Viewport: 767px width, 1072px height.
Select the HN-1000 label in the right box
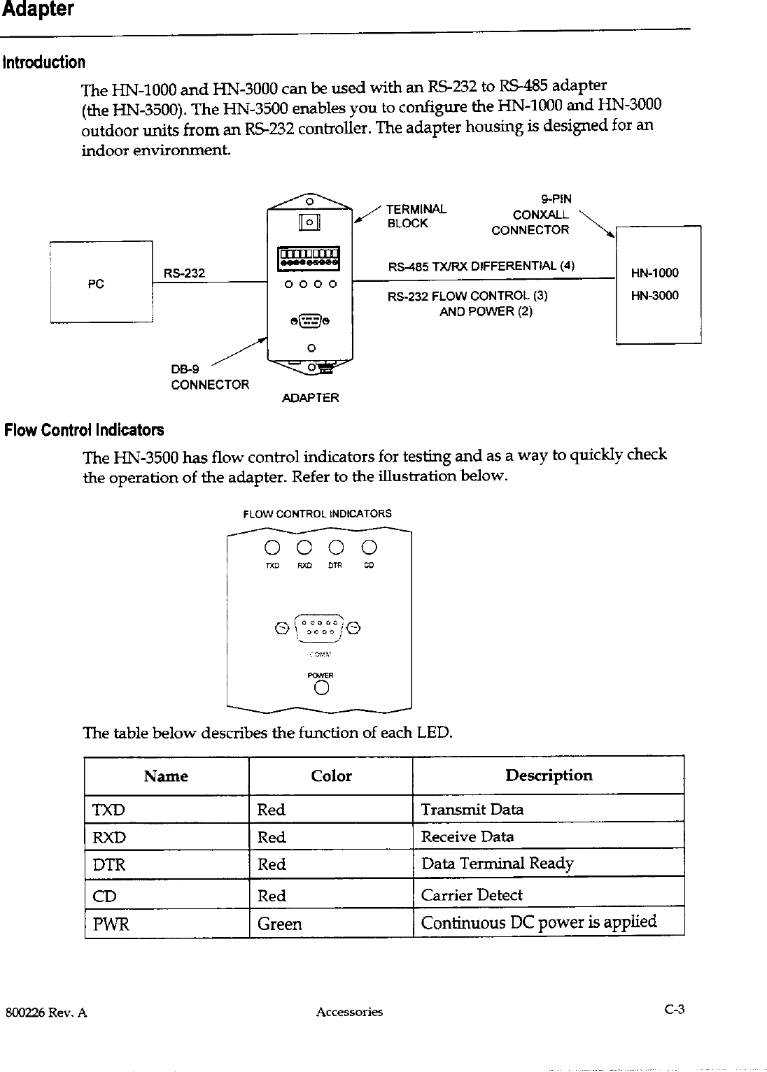(654, 273)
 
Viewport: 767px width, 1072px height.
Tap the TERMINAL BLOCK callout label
(416, 216)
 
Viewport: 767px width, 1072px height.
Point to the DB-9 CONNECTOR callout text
(209, 378)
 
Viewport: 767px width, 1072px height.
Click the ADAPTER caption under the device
(310, 398)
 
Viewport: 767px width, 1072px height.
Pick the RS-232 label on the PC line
(184, 273)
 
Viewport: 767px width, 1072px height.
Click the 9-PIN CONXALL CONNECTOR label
(531, 215)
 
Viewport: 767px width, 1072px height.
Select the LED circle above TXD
(273, 546)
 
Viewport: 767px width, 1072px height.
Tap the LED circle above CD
(370, 546)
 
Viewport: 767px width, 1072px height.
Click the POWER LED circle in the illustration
(322, 689)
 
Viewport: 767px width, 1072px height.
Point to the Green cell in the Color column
(280, 924)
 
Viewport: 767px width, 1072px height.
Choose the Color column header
(331, 776)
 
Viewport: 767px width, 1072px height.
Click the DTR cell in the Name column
(109, 864)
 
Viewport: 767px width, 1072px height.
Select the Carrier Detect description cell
(472, 895)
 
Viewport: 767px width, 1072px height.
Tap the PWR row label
(111, 924)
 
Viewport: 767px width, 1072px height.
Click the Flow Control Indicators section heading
(84, 429)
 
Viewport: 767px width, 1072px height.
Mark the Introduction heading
(45, 62)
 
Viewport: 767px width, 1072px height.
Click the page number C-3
(674, 1010)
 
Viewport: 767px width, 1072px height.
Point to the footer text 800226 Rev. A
(45, 1012)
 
